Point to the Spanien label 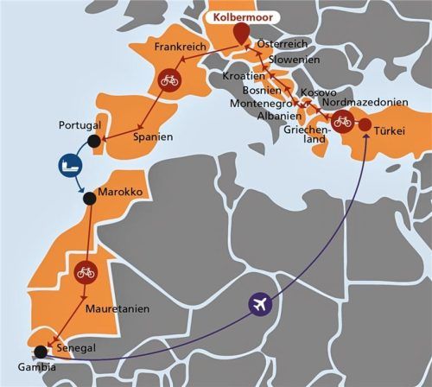pyautogui.click(x=154, y=136)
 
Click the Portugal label pyautogui.click(x=80, y=125)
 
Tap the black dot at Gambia pyautogui.click(x=41, y=352)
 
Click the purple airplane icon pyautogui.click(x=259, y=304)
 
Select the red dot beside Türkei pyautogui.click(x=365, y=125)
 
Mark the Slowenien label pyautogui.click(x=295, y=60)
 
